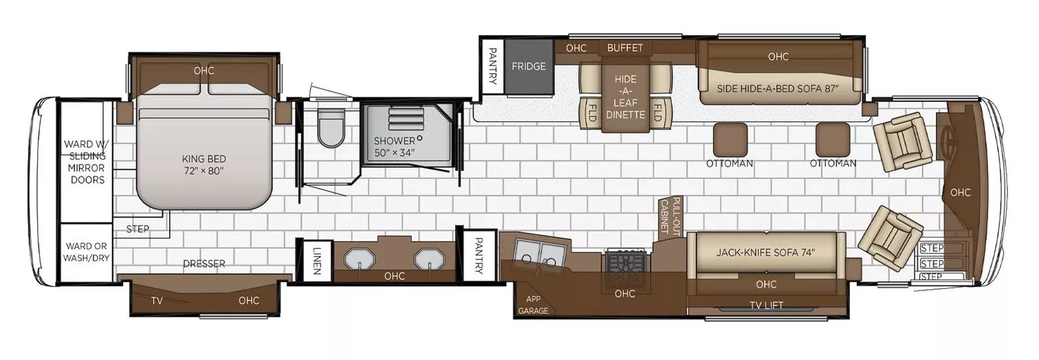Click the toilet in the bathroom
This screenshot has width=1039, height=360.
331,129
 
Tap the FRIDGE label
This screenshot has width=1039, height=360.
529,67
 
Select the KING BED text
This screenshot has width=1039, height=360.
204,159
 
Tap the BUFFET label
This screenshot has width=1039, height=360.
625,48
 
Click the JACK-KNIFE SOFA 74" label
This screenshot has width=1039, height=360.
766,253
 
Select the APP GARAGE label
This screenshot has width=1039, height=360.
533,305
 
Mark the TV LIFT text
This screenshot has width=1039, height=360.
766,305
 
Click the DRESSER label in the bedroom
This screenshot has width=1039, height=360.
204,264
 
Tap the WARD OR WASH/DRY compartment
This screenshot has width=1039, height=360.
87,252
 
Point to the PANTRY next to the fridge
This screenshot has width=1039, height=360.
492,67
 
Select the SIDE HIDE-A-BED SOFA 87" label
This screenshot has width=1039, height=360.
778,89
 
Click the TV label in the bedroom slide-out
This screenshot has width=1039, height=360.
157,301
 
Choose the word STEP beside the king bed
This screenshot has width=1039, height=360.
138,229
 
